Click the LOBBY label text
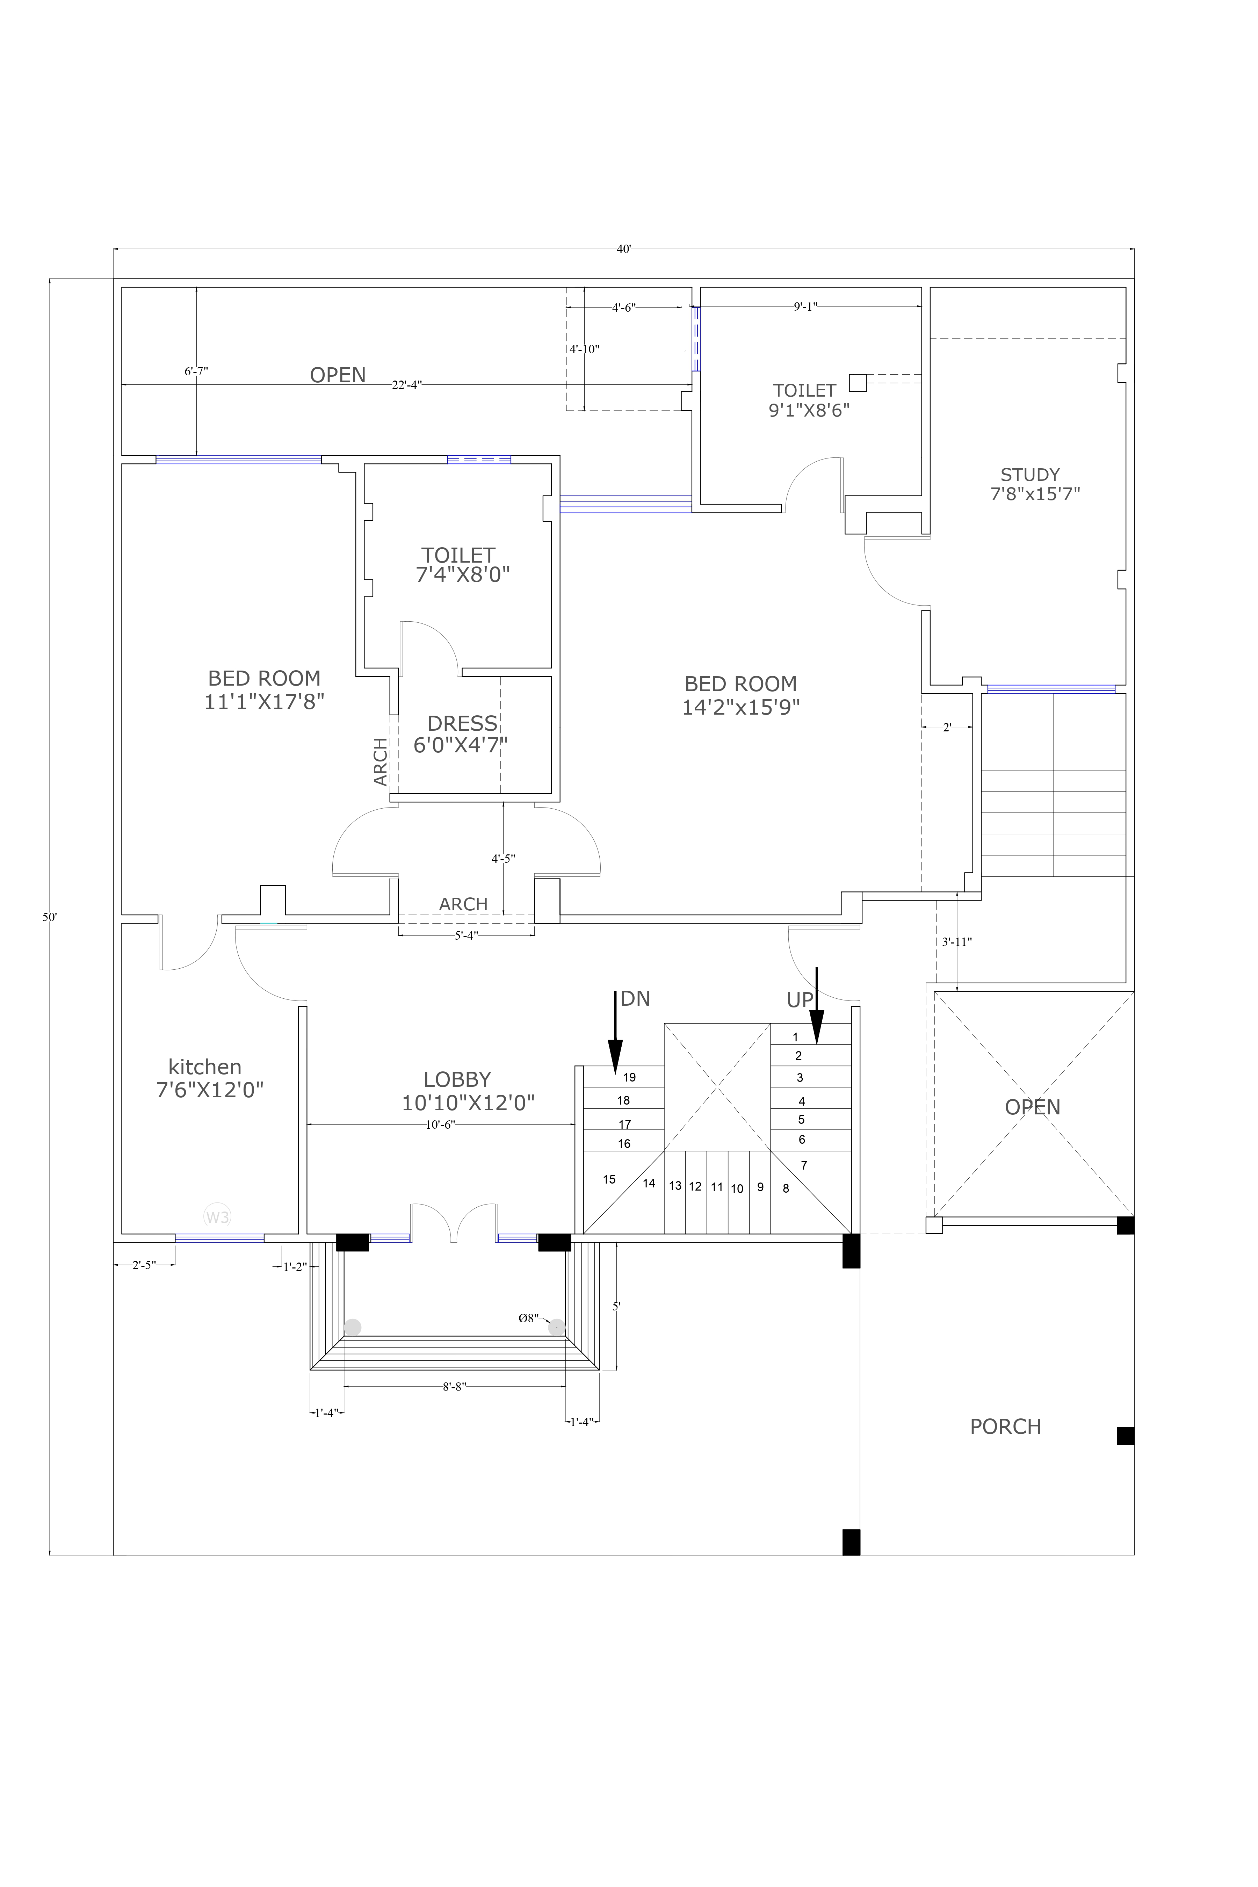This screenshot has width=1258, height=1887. click(457, 1080)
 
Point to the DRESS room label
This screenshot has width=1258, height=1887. click(462, 724)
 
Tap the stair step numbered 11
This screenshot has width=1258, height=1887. click(716, 1187)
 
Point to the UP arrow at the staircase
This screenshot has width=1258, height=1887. click(817, 1007)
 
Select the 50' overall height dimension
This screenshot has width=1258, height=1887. click(50, 917)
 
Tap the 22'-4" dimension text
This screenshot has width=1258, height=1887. click(407, 385)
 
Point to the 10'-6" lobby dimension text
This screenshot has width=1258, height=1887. click(440, 1125)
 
